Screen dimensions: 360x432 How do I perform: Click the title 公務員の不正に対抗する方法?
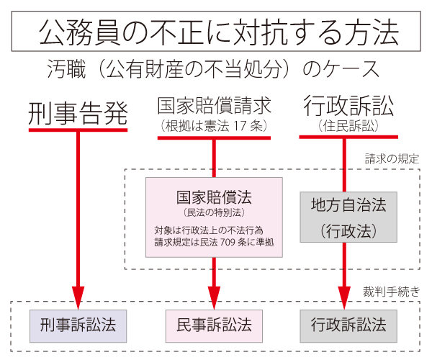tap(216, 32)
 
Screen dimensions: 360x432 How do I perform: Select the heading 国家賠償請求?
tap(214, 107)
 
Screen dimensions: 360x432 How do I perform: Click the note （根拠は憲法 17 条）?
tap(214, 125)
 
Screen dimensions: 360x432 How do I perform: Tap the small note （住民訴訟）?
tap(348, 125)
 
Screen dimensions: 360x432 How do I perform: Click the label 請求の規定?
tap(392, 158)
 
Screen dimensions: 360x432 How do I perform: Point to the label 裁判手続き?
tap(392, 292)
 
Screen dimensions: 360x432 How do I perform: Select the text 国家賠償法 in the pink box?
tap(214, 196)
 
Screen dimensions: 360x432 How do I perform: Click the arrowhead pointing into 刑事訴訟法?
tap(78, 296)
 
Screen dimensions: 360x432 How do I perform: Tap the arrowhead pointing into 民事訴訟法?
tap(214, 296)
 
